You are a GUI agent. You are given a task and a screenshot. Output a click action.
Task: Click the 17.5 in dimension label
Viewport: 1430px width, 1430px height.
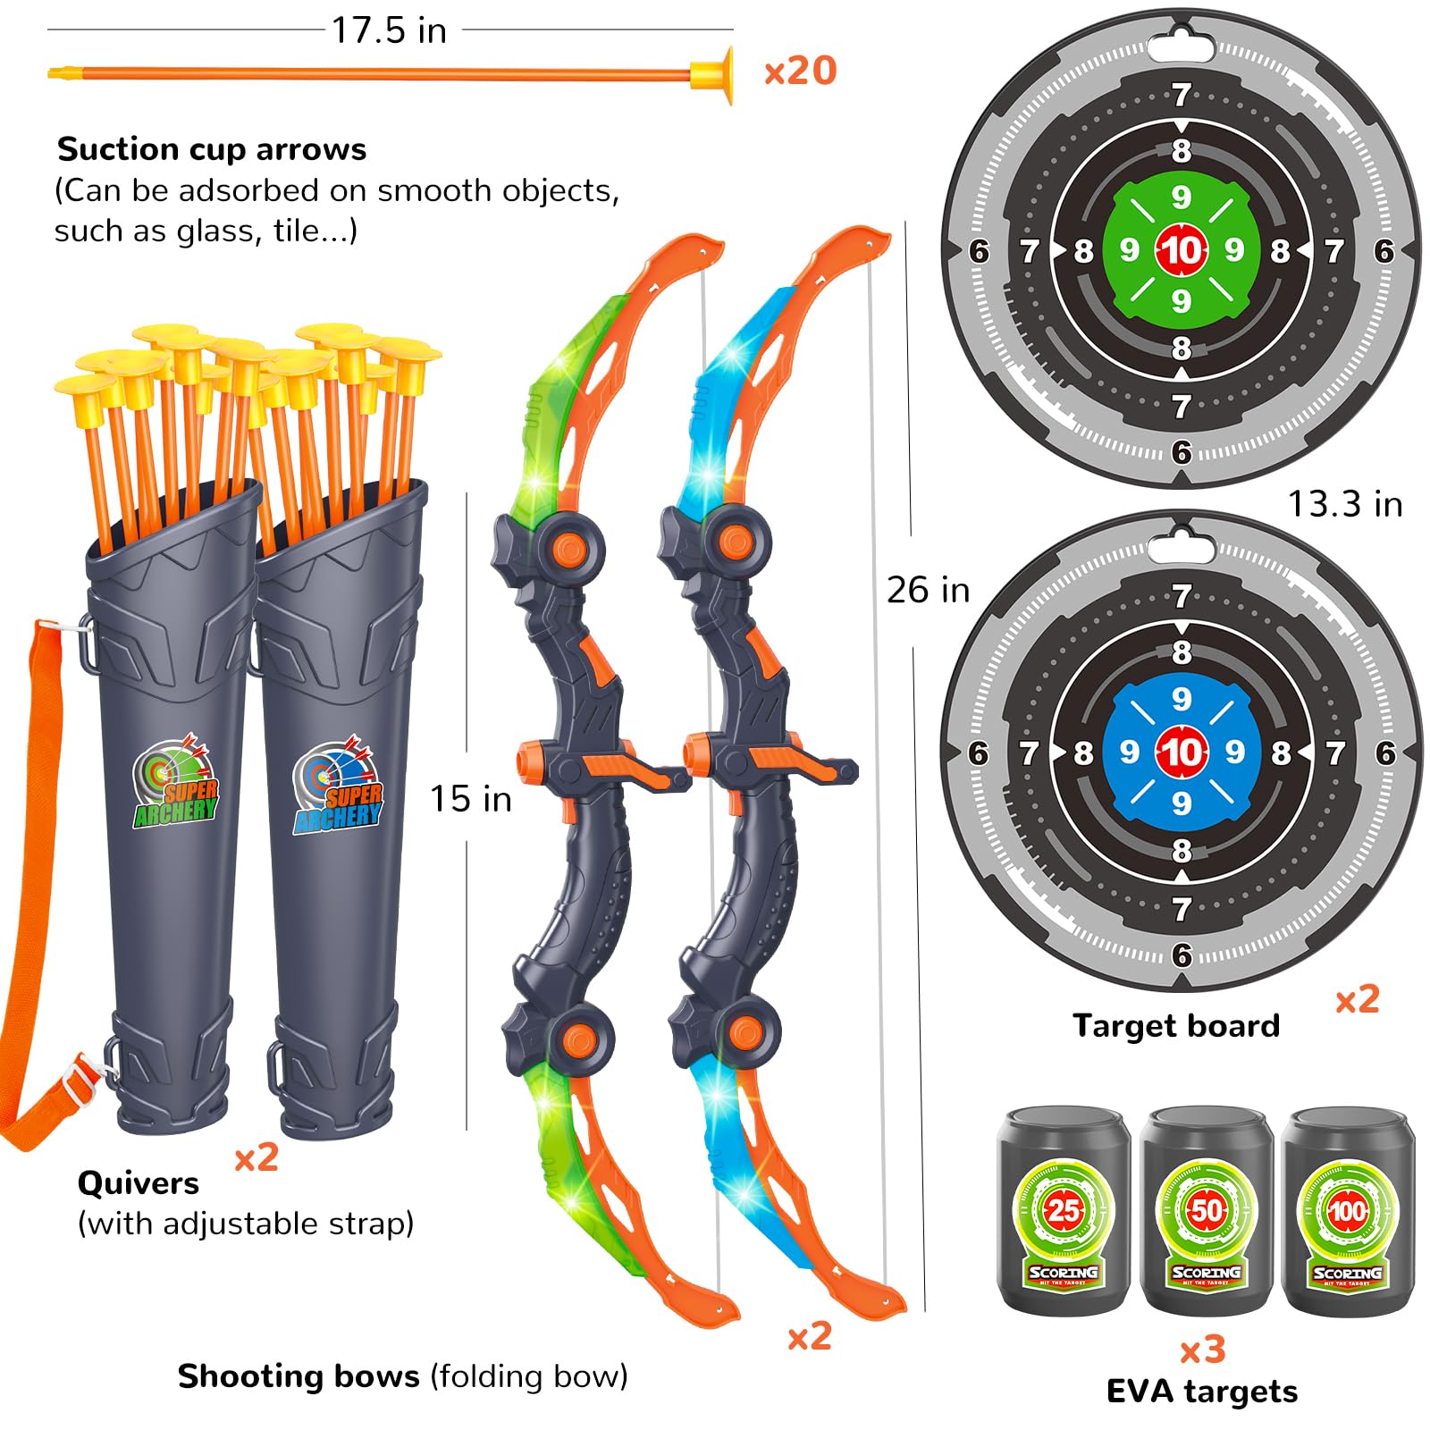coord(389,31)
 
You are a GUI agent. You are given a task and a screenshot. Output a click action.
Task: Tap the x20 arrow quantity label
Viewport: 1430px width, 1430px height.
coord(800,71)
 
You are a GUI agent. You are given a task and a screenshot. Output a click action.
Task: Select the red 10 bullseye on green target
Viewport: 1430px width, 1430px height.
coord(1181,250)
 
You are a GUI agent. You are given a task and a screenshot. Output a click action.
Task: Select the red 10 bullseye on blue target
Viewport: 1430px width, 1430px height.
coord(1181,753)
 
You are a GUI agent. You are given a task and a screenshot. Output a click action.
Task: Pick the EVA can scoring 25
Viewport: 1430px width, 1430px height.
coord(1064,1212)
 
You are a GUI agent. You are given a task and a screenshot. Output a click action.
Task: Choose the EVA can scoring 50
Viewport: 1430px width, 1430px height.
coord(1206,1212)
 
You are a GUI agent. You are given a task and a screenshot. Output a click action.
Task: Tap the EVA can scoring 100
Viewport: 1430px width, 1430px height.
coord(1347,1212)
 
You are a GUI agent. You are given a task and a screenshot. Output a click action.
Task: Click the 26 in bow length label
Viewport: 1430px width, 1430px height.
coord(928,591)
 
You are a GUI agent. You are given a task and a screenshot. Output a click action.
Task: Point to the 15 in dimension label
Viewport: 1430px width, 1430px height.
coord(471,799)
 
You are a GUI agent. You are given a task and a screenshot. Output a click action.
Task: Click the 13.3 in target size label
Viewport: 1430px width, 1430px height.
coord(1344,505)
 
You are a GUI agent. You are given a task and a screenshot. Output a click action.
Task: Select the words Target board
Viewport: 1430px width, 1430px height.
coord(1176,1025)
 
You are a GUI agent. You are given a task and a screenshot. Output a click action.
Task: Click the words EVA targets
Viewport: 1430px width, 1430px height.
coord(1202,1392)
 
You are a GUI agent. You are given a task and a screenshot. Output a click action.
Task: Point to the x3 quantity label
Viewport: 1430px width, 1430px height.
coord(1202,1350)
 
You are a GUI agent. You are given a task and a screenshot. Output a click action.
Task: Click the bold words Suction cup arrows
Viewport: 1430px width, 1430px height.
coord(212,149)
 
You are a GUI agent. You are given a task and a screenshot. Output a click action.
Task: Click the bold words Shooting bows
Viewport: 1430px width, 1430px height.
coord(299,1376)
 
